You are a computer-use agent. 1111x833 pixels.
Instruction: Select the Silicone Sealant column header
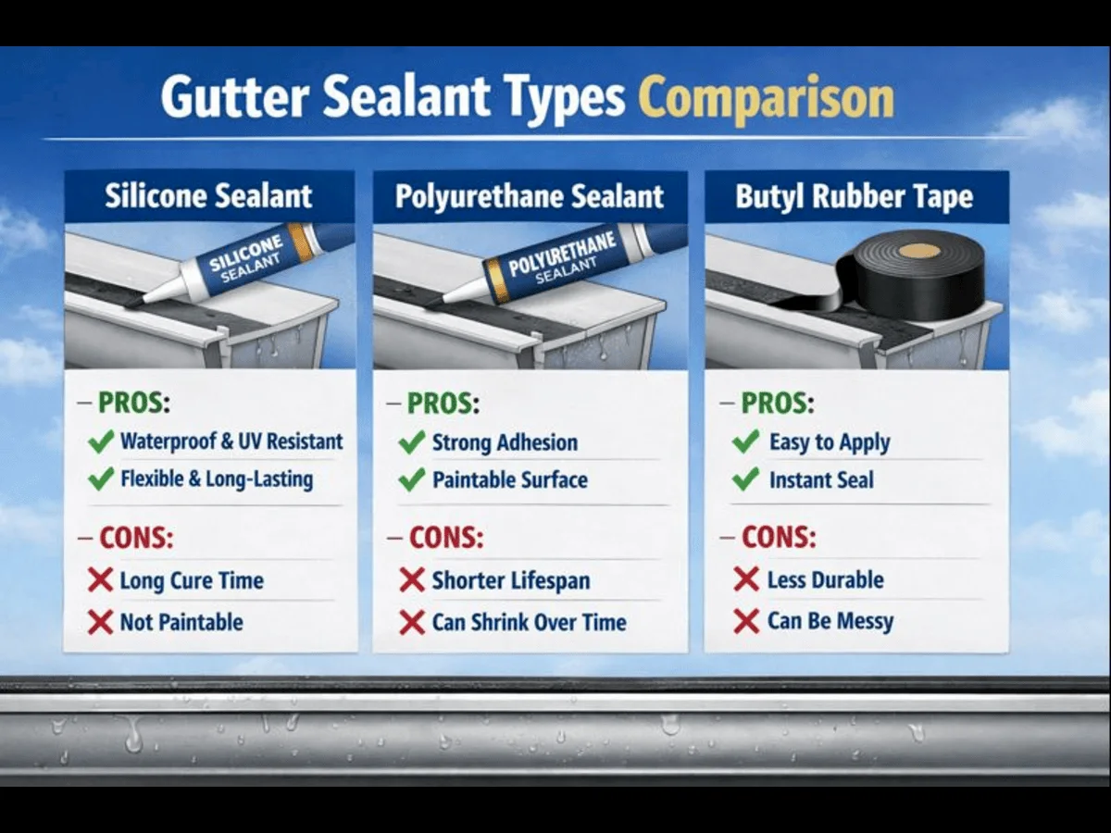click(208, 196)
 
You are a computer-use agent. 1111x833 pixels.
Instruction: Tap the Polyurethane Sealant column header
click(530, 196)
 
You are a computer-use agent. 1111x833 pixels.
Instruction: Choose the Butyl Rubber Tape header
click(854, 196)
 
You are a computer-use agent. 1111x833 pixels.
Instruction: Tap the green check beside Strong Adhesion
click(411, 442)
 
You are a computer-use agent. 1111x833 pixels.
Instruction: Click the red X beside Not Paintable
click(100, 622)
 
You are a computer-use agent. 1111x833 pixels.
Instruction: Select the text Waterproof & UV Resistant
click(231, 441)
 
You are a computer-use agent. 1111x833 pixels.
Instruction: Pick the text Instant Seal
click(821, 480)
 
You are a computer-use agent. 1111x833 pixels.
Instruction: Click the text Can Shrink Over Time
click(529, 622)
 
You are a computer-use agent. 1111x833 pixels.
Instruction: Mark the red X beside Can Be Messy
click(746, 621)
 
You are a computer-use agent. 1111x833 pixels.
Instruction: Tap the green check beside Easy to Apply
click(745, 441)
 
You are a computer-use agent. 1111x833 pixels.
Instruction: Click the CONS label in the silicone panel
click(136, 537)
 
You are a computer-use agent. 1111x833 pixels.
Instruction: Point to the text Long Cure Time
click(192, 581)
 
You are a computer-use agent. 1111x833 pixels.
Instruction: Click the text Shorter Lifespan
click(510, 581)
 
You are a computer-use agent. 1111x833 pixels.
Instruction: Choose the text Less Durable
click(825, 580)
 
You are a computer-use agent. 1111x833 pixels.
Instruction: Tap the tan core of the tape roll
click(919, 250)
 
